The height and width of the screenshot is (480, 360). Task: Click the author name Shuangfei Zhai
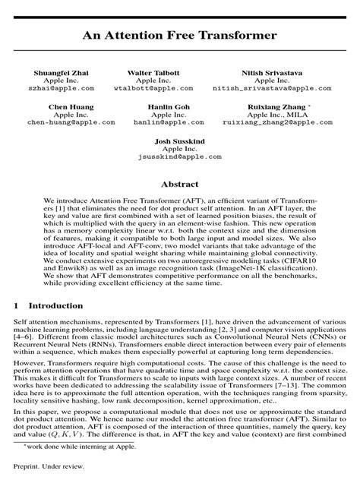point(71,72)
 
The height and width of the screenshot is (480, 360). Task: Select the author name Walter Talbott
point(158,72)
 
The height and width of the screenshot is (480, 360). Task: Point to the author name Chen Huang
point(71,107)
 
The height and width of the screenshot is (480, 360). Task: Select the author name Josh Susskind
point(179,142)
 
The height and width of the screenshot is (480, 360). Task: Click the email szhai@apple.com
point(71,88)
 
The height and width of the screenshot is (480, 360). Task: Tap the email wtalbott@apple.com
point(158,88)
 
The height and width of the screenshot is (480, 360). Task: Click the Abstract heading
point(179,184)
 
